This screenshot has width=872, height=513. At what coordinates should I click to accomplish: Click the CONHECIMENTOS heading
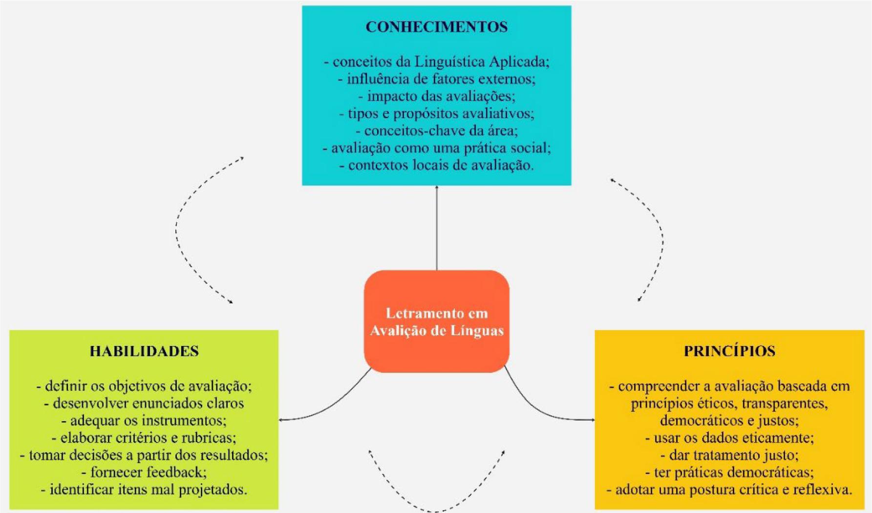436,26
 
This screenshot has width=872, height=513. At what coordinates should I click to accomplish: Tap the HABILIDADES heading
144,351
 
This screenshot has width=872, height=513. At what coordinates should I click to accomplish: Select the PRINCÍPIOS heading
729,351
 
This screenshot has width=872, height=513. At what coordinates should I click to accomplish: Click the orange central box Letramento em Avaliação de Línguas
436,321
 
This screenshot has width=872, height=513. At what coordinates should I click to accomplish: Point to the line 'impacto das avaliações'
436,96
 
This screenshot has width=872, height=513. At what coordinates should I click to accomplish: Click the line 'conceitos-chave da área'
436,130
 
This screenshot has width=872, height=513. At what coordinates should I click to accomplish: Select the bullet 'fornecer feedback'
144,472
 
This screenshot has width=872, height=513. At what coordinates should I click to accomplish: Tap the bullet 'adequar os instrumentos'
144,420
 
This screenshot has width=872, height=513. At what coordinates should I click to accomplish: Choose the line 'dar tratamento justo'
729,455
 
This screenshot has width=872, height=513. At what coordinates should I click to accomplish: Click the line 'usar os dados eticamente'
729,437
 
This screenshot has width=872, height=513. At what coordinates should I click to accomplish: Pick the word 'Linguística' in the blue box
450,62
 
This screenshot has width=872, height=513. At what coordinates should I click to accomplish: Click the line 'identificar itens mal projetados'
144,489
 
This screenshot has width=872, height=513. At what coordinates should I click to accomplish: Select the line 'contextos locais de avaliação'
436,165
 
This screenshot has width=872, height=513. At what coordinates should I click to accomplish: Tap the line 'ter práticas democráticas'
729,472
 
